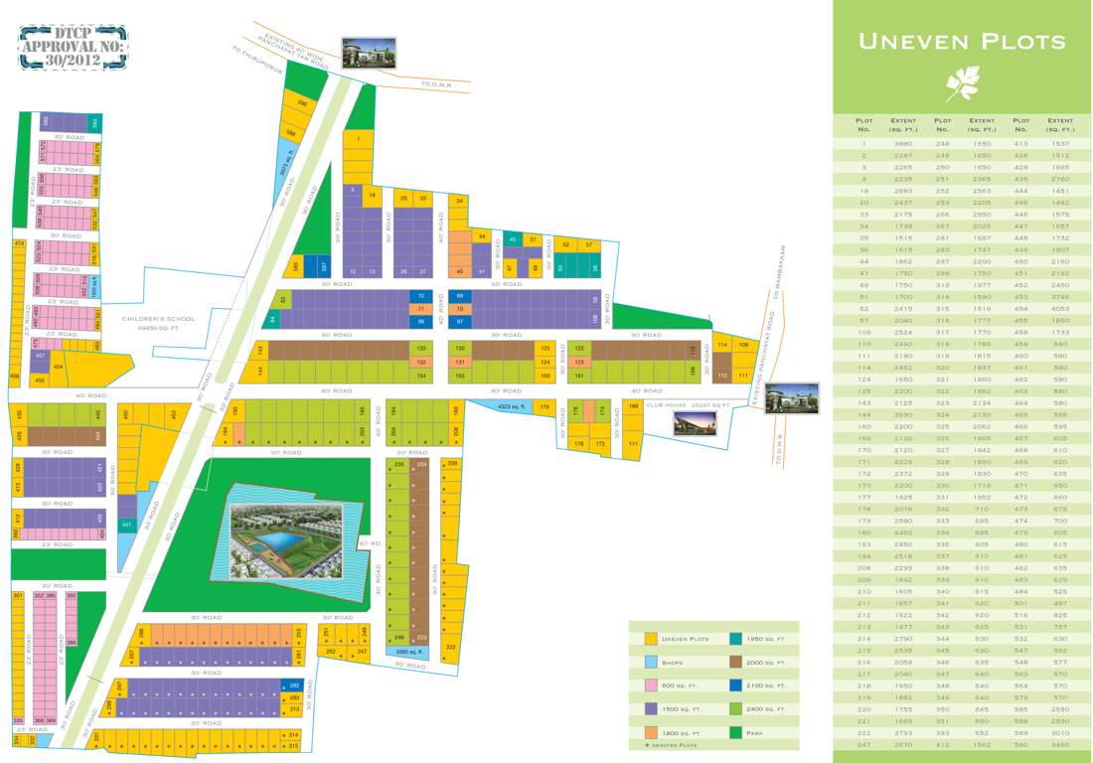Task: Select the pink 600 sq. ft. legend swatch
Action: (650, 685)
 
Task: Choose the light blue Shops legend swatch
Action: (650, 661)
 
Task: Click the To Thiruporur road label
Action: (257, 63)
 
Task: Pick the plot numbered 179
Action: (545, 406)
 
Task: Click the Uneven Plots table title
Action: (961, 42)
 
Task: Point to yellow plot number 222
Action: (451, 646)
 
